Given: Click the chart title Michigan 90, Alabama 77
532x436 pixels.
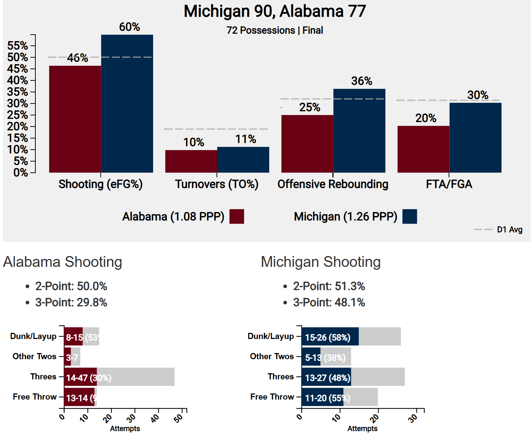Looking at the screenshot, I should [275, 11].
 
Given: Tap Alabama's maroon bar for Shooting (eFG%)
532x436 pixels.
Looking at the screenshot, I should [75, 119].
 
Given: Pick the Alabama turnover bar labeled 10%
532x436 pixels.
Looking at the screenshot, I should [191, 161].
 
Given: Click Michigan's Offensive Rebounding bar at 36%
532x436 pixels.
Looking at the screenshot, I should [359, 131].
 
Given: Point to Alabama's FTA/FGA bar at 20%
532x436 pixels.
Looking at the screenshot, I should [423, 149].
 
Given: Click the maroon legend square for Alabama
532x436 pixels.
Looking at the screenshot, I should [237, 216].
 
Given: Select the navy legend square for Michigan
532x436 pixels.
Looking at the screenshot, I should [410, 216].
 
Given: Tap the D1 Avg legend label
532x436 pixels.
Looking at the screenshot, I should [510, 230].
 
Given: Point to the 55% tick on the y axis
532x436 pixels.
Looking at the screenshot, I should [18, 46].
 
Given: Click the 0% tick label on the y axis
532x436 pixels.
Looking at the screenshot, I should [21, 173].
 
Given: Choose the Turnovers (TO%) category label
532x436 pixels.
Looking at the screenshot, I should [217, 184].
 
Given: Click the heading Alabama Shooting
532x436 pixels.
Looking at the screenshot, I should [62, 262].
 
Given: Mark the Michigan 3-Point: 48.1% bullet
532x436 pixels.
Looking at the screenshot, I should [329, 302].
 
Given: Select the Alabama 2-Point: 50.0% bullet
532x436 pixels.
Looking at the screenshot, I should [71, 286].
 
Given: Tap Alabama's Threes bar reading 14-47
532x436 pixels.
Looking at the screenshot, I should [80, 377].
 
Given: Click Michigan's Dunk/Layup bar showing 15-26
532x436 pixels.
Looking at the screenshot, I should [330, 336].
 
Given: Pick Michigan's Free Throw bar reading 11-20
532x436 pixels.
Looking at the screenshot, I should [322, 397].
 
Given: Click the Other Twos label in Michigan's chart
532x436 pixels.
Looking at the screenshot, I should [272, 356].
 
